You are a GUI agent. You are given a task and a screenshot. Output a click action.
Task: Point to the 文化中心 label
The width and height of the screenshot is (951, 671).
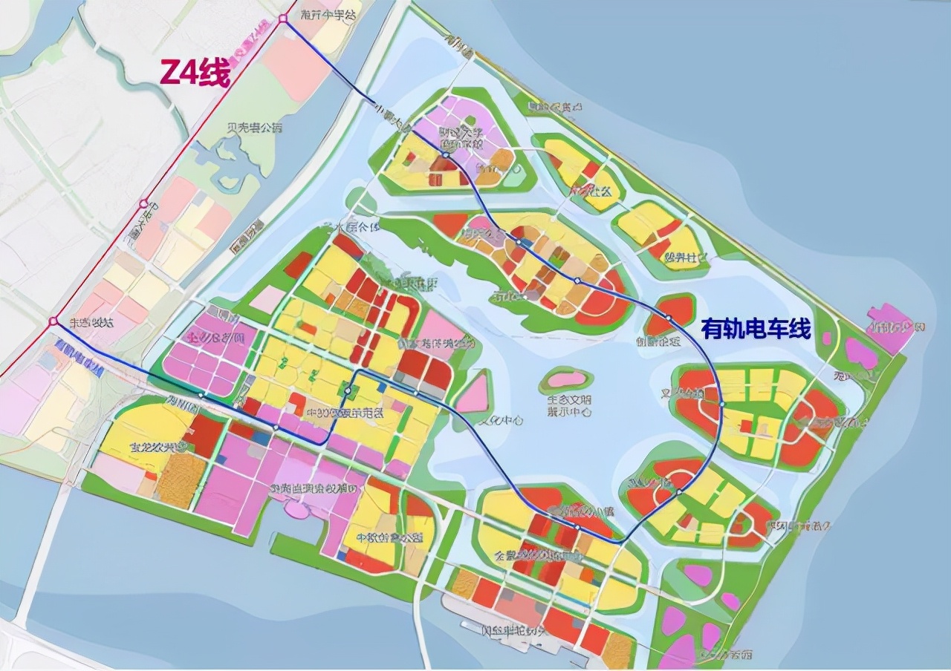pos(499,420)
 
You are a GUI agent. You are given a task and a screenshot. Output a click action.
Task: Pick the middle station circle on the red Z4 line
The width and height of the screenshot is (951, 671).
pos(143,203)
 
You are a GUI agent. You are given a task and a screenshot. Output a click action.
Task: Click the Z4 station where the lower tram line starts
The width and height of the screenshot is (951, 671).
pos(53,321)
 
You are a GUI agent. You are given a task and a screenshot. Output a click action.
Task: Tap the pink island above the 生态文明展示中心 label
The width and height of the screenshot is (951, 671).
pos(566,379)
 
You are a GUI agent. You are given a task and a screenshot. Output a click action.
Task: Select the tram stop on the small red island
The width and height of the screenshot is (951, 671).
pos(668,318)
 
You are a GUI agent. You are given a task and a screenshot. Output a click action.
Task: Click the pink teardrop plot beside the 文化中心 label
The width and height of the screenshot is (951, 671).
pos(472,394)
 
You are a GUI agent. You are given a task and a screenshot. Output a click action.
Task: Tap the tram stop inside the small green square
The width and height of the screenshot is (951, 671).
pos(348,388)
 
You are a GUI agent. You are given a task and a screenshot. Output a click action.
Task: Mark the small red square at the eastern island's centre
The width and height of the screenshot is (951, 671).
pos(744,425)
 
